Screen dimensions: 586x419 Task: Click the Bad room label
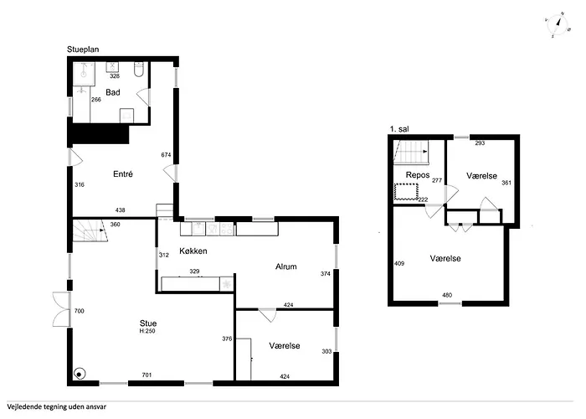(x=113, y=92)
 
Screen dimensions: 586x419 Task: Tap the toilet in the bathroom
(x=139, y=70)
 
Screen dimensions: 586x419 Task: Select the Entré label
(x=123, y=174)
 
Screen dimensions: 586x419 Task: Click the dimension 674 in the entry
(x=166, y=155)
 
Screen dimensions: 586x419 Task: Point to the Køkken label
(x=193, y=251)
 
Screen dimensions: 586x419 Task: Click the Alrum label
(x=286, y=266)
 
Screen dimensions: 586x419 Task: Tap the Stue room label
(x=148, y=323)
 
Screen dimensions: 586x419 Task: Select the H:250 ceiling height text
(x=147, y=331)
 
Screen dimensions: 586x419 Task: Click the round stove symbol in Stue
(x=80, y=374)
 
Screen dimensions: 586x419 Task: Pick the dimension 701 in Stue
(x=146, y=375)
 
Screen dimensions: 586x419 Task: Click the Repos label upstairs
(x=418, y=175)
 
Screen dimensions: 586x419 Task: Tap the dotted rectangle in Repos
(x=406, y=191)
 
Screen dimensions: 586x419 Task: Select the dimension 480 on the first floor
(x=447, y=295)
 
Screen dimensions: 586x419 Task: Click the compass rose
(x=557, y=25)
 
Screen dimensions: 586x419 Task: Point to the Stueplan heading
(x=83, y=49)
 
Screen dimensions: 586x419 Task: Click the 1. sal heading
(x=399, y=129)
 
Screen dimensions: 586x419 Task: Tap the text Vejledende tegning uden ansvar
(x=56, y=406)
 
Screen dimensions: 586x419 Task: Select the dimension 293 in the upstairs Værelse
(x=480, y=143)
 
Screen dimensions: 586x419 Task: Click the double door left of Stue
(x=62, y=310)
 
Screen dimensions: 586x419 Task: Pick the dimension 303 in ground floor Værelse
(x=326, y=351)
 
